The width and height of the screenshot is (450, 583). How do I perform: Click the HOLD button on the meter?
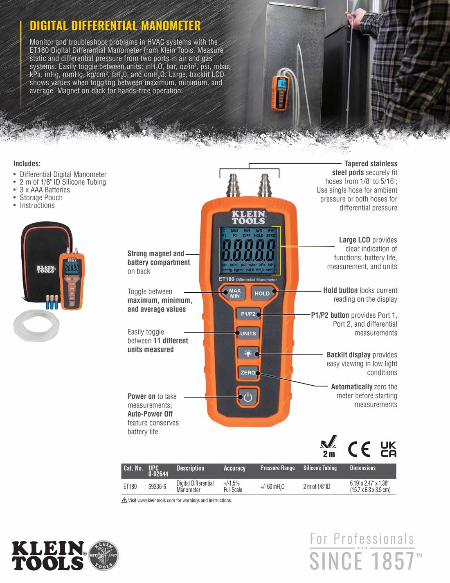(262, 293)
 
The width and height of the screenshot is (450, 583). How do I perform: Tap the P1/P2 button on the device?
(248, 314)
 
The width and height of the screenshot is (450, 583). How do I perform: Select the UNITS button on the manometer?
(248, 333)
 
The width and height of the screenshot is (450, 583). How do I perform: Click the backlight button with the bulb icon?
(248, 353)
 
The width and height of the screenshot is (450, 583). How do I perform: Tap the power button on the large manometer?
(248, 397)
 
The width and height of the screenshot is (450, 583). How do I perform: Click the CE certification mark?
(359, 449)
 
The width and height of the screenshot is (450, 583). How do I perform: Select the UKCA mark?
(388, 449)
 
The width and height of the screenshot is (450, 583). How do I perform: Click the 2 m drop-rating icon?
(328, 446)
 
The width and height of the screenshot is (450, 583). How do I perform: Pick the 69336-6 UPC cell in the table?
(157, 486)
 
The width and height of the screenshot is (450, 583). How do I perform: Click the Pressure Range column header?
(277, 468)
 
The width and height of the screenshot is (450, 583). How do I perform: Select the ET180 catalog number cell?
(130, 486)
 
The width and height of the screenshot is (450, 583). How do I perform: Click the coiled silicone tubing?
(36, 323)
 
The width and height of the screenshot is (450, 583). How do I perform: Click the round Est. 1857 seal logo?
(103, 556)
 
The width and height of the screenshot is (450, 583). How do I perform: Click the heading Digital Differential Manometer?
(115, 26)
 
